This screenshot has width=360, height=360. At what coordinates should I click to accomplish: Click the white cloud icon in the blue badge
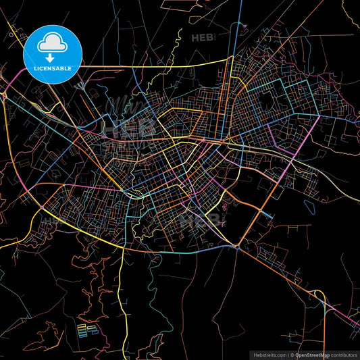point(53,42)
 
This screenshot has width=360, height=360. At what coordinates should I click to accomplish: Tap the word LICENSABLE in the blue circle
point(53,68)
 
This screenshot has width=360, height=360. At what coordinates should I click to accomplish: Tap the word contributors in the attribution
point(342,354)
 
